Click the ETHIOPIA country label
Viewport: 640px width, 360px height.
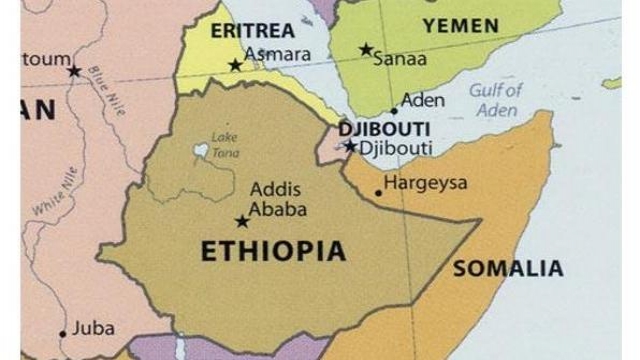click(x=273, y=250)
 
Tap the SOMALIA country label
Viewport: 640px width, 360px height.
click(x=508, y=268)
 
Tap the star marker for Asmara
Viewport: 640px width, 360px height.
click(x=236, y=65)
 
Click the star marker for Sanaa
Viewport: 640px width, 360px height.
click(x=366, y=49)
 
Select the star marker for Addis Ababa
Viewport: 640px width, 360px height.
click(x=241, y=221)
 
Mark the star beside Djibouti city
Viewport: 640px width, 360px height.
click(x=350, y=146)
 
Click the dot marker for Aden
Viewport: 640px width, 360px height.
click(x=394, y=111)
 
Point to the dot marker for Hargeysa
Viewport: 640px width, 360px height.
click(x=378, y=192)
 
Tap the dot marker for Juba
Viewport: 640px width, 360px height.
click(x=62, y=334)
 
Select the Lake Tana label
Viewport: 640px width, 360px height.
click(x=223, y=141)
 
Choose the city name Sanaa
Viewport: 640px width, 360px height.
click(x=400, y=59)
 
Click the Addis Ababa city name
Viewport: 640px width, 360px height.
click(x=277, y=199)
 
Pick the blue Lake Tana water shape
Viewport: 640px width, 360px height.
click(x=201, y=151)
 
